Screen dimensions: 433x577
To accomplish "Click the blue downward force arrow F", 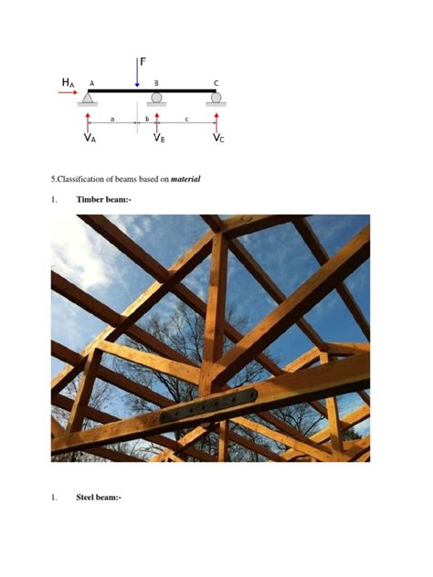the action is click(137, 73).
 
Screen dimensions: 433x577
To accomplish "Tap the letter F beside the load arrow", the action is click(143, 62).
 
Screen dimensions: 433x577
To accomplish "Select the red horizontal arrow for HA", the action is click(68, 91).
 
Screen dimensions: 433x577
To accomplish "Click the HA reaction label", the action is click(68, 82).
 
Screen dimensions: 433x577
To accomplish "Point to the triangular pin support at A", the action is click(88, 98).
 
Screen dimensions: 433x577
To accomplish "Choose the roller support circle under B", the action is click(156, 97).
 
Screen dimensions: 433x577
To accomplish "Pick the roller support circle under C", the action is click(216, 97).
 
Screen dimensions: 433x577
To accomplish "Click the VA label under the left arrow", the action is click(89, 138).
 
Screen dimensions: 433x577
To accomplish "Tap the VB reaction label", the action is click(159, 138).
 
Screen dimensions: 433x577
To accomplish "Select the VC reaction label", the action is click(219, 138).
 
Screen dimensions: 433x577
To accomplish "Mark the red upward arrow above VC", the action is click(216, 121).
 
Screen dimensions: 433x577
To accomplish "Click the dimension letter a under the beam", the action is click(112, 119).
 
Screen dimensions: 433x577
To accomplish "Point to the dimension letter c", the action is click(186, 119).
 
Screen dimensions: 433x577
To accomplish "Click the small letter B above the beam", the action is click(156, 83).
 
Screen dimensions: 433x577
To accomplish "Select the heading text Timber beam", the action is click(103, 198).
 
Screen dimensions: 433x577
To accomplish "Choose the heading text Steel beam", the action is click(98, 498).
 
